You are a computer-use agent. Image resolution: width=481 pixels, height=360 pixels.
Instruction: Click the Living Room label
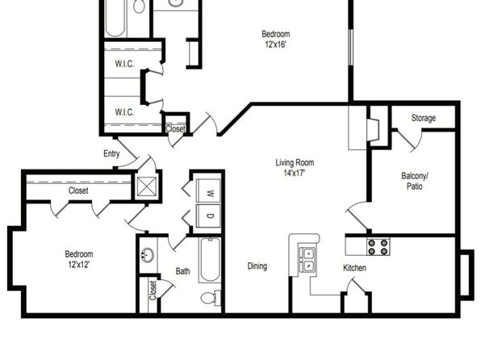[x=295, y=163]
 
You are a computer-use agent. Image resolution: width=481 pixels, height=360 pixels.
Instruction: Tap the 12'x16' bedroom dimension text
[x=275, y=44]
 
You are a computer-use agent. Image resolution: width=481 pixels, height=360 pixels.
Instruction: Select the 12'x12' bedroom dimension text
[x=79, y=264]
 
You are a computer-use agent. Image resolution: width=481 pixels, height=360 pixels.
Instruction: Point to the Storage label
[x=424, y=118]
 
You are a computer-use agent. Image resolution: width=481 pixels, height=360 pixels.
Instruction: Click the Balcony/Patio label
[x=415, y=181]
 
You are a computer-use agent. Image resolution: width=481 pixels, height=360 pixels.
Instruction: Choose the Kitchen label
[x=354, y=268]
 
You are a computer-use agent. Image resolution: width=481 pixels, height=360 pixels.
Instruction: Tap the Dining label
[x=257, y=266]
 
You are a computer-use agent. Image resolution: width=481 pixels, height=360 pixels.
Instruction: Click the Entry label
[x=111, y=153]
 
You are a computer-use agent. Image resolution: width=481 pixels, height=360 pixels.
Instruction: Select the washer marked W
[x=208, y=190]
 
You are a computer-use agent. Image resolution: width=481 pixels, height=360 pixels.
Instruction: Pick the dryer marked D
[x=208, y=216]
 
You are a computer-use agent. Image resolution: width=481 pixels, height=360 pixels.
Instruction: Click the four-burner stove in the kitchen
[x=378, y=247]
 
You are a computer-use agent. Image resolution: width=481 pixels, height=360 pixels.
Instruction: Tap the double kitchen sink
[x=307, y=259]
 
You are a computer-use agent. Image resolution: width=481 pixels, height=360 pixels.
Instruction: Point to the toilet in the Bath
[x=211, y=298]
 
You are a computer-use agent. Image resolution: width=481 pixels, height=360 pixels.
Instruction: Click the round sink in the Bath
[x=148, y=255]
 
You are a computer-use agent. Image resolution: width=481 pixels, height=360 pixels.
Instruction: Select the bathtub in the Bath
[x=210, y=260]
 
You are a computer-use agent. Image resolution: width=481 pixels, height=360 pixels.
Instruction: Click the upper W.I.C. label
[x=124, y=64]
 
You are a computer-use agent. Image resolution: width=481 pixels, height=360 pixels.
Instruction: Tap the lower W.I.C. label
[x=124, y=112]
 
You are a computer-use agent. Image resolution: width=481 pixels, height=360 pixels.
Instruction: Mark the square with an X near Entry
[x=147, y=186]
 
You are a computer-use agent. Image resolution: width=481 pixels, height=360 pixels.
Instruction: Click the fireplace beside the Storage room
[x=374, y=129]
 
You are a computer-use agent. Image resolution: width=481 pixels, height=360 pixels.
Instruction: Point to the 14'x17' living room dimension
[x=295, y=174]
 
